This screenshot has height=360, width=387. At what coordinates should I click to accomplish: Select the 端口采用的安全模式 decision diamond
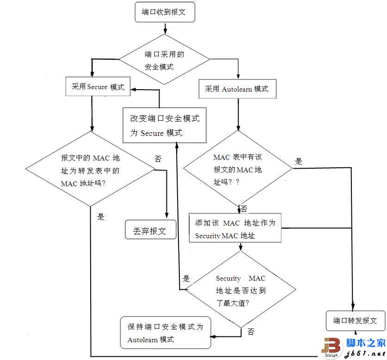[x=165, y=60]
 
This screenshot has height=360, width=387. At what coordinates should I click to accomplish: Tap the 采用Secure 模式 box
[x=98, y=87]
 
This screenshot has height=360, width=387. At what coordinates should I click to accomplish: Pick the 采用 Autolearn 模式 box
[x=237, y=89]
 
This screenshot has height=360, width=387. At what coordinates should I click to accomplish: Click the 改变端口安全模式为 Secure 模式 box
[x=165, y=125]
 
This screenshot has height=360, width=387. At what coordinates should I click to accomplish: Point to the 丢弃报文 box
[x=151, y=230]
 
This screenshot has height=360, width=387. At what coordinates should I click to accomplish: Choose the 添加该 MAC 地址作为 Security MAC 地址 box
[x=235, y=228]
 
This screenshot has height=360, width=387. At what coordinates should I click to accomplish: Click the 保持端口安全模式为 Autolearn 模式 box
[x=165, y=333]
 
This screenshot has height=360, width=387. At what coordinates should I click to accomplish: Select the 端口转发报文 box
[x=355, y=320]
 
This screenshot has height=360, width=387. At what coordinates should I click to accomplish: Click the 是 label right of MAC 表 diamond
[x=298, y=161]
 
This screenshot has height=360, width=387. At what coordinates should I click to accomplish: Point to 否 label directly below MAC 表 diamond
[x=244, y=209]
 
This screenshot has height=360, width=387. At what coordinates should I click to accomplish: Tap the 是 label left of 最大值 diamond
[x=186, y=278]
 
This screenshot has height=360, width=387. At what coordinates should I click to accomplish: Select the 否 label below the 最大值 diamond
[x=251, y=331]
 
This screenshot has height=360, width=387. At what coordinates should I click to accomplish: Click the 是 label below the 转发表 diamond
[x=101, y=216]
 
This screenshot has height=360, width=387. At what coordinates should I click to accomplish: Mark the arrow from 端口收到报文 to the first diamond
[x=165, y=28]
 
